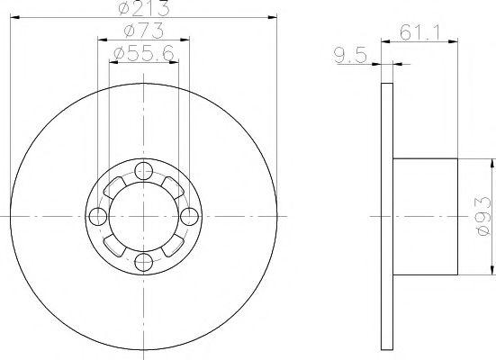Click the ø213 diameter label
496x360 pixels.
tap(144, 10)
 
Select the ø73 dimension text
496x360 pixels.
tap(143, 33)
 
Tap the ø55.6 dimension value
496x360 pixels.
tap(144, 55)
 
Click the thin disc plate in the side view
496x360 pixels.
tap(387, 216)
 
